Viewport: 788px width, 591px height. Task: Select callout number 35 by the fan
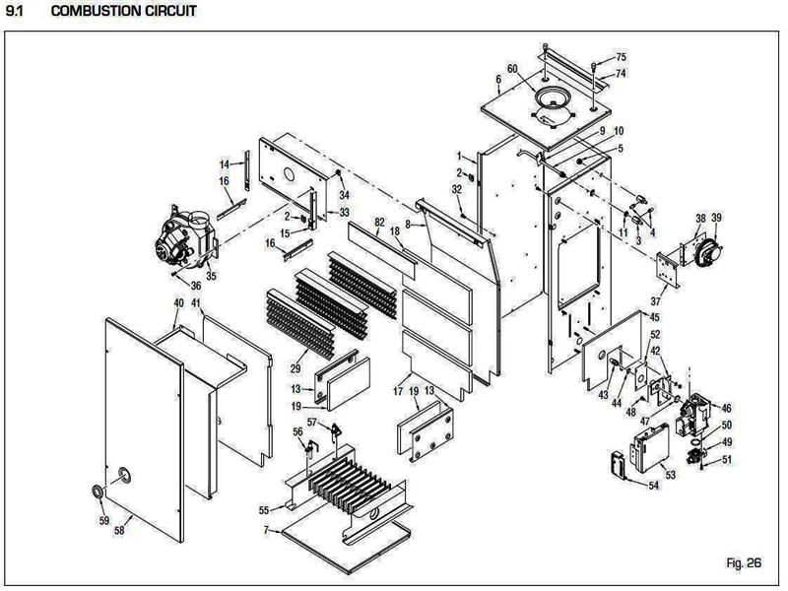tap(211, 277)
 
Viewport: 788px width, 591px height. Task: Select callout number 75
tap(621, 57)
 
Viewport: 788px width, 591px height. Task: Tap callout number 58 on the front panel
tap(119, 530)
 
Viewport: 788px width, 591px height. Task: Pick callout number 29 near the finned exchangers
tap(294, 367)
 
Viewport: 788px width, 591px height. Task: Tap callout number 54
tap(653, 486)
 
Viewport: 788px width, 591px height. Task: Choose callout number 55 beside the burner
tap(263, 510)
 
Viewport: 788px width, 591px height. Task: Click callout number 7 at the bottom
tap(265, 531)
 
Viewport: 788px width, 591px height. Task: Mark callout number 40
tap(178, 302)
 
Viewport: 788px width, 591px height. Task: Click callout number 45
tap(654, 317)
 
